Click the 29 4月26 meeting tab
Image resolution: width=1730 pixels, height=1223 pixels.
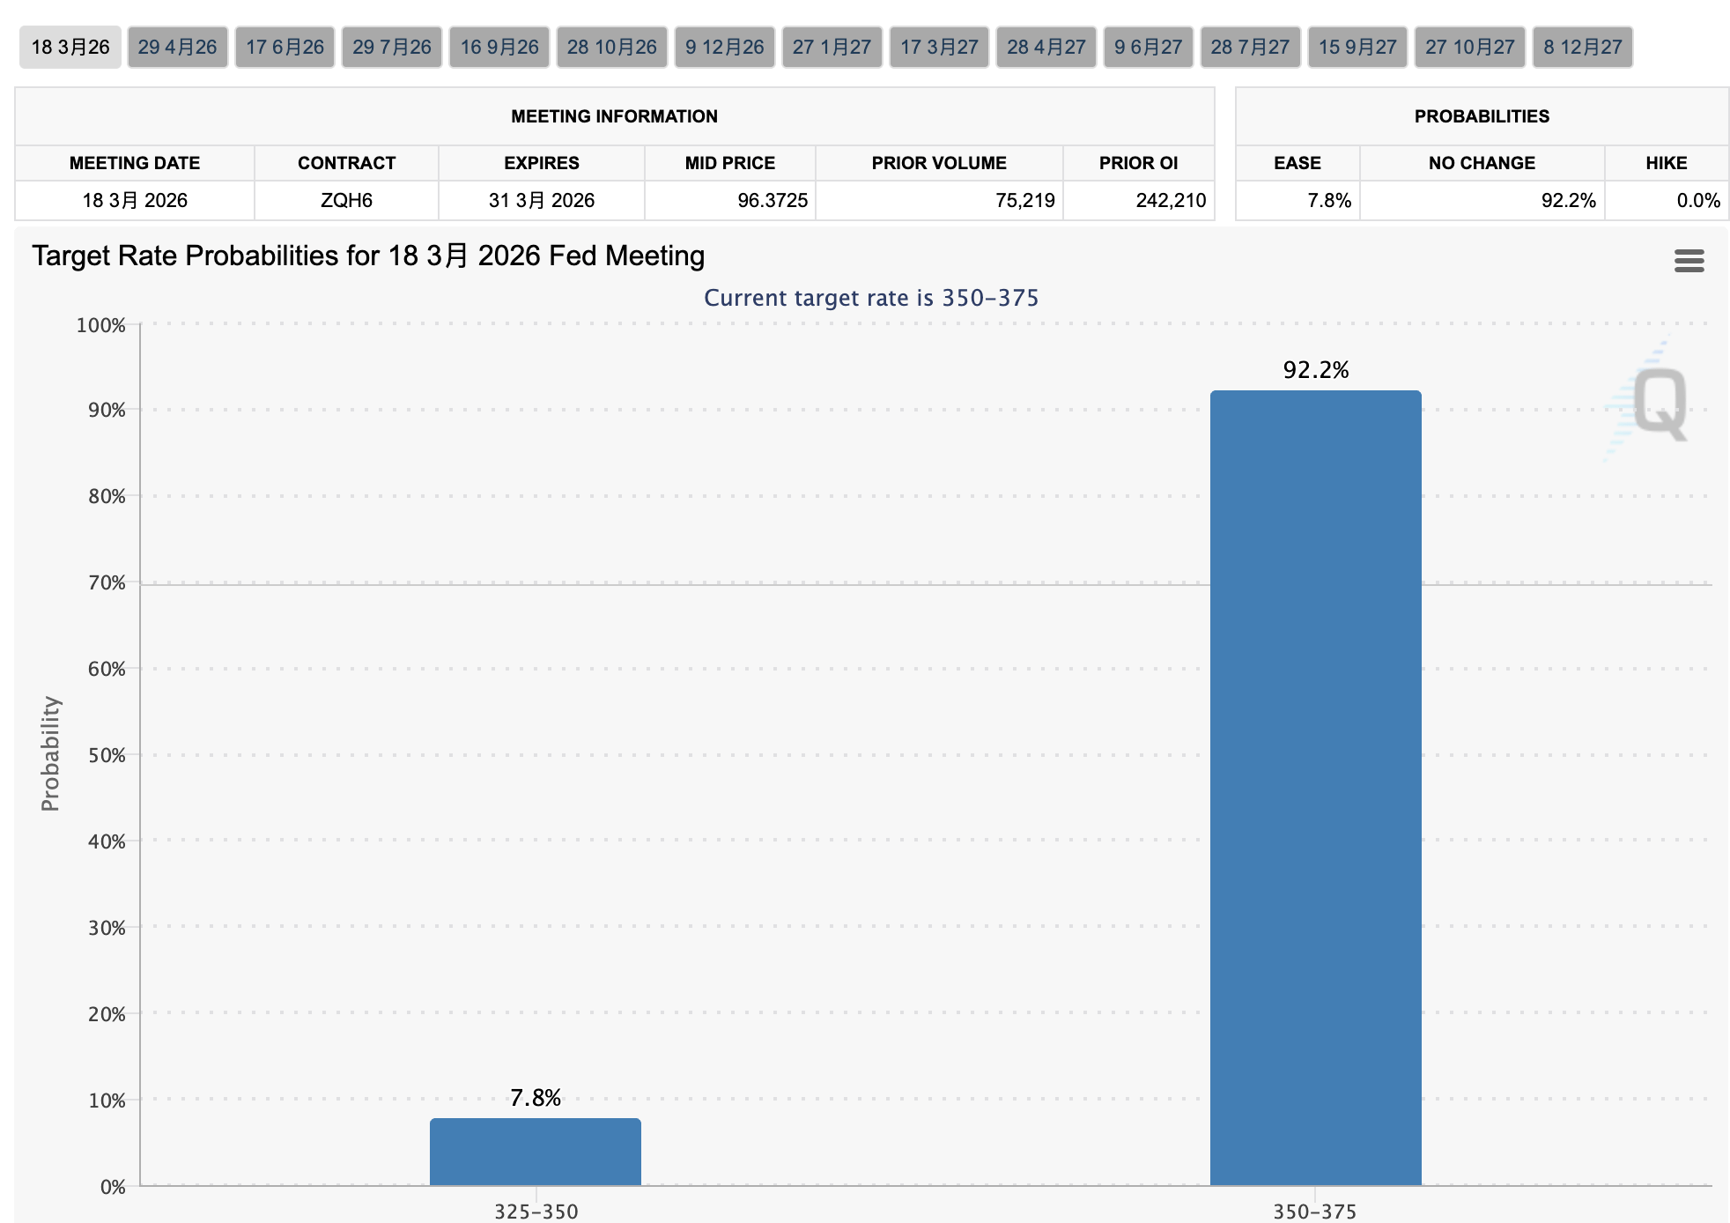(177, 47)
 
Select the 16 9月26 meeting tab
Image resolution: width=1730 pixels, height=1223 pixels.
(499, 47)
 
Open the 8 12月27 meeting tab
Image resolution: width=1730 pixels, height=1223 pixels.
(1582, 47)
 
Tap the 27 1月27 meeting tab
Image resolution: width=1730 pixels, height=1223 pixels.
(832, 47)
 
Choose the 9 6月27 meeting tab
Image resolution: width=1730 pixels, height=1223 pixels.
(1148, 47)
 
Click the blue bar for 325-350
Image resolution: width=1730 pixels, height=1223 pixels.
(536, 1152)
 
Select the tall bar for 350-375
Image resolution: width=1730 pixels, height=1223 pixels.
(1316, 788)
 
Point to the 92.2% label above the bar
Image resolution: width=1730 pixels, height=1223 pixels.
(1316, 370)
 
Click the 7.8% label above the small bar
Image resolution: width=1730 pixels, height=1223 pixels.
(536, 1098)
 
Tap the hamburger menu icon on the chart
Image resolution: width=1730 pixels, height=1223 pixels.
(1689, 261)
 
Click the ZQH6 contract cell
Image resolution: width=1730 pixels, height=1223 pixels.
(346, 200)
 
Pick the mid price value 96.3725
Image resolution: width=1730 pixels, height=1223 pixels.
(773, 200)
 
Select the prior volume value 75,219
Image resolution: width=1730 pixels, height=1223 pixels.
(1025, 200)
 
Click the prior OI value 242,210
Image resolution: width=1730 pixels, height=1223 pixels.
(1171, 200)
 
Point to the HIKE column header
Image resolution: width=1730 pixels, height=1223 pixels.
(1667, 163)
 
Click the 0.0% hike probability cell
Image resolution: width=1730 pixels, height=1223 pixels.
(1698, 200)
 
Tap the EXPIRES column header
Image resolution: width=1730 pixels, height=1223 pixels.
(542, 163)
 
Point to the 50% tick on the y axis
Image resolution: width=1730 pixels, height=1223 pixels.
(107, 755)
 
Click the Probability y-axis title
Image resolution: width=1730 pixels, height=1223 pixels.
(50, 753)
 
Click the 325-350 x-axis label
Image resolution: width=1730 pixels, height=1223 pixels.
(536, 1212)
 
